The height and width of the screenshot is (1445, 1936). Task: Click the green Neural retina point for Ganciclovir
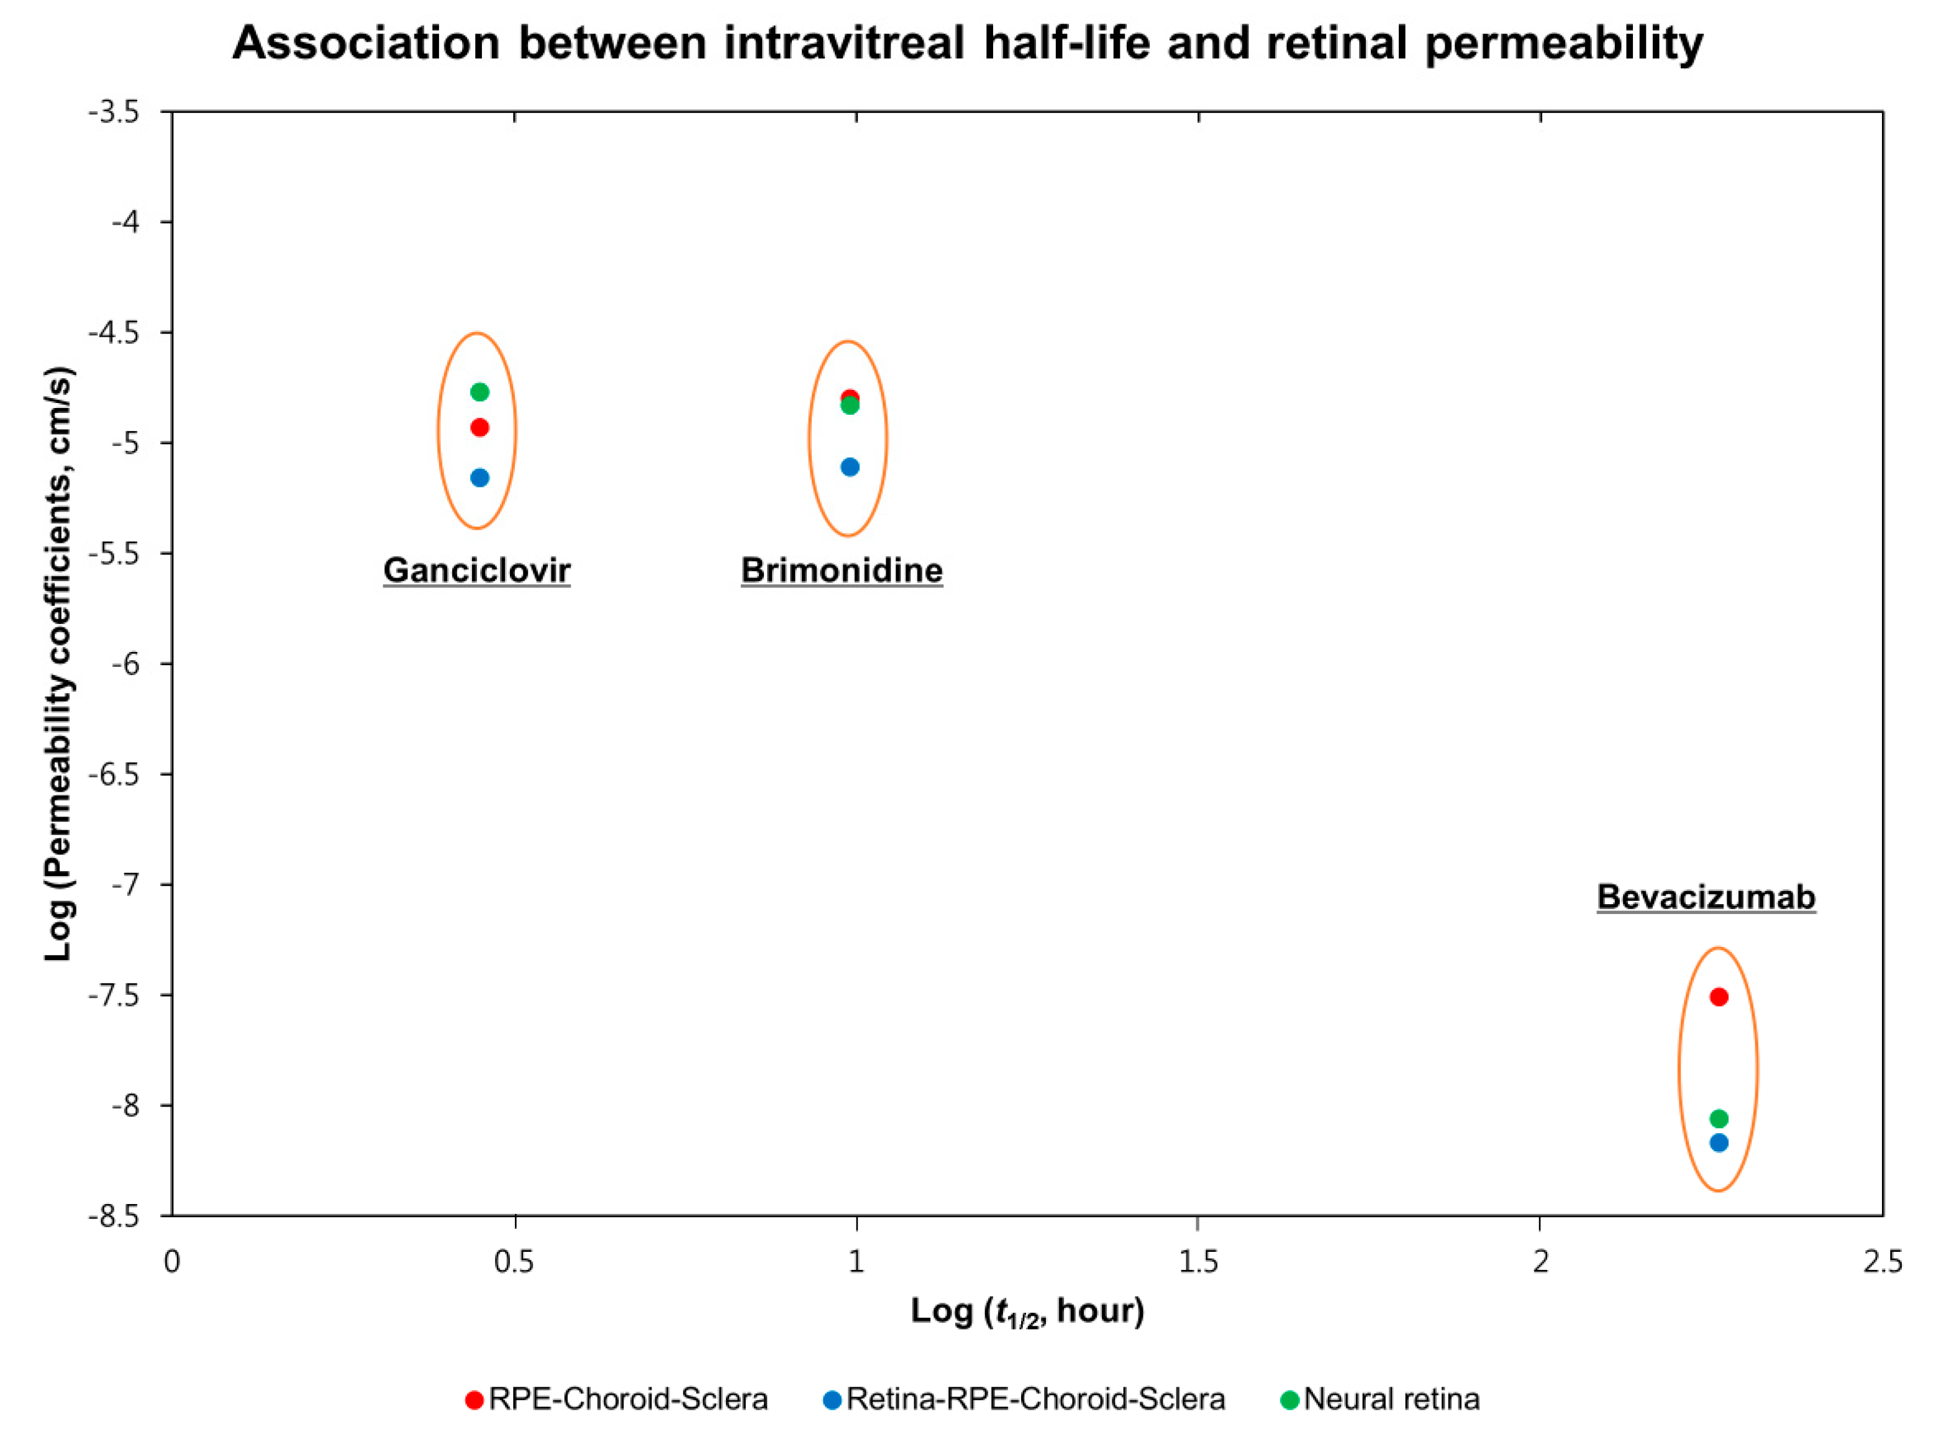pyautogui.click(x=479, y=392)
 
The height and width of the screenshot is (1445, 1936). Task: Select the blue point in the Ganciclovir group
pyautogui.click(x=479, y=478)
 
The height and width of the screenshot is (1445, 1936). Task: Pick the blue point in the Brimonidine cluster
pyautogui.click(x=850, y=467)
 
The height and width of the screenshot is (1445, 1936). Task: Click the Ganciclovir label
pyautogui.click(x=477, y=570)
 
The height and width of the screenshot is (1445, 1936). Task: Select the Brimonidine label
pyautogui.click(x=842, y=570)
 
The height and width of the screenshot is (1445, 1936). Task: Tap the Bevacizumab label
pyautogui.click(x=1707, y=897)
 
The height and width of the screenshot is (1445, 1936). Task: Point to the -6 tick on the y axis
pyautogui.click(x=167, y=664)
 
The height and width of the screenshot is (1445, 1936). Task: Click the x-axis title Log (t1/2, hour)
pyautogui.click(x=1028, y=1310)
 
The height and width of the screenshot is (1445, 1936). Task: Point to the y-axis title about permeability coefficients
pyautogui.click(x=60, y=664)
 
